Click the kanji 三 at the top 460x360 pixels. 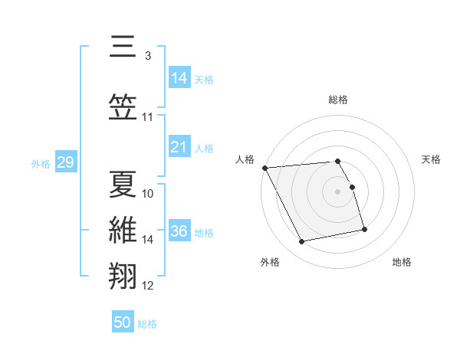coord(123,47)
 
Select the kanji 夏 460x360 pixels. coord(123,183)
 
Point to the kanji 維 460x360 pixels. coord(123,230)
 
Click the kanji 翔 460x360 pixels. coord(123,275)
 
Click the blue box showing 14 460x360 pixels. coord(179,78)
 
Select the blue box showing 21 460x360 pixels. coord(179,147)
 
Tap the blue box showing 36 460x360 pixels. coord(179,231)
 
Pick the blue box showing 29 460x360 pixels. coord(65,162)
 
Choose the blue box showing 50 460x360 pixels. coord(123,322)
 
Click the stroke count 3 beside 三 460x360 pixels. coord(147,56)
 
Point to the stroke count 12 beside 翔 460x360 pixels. coord(148,286)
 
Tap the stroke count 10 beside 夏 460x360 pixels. coord(148,193)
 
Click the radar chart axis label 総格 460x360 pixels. coord(338,100)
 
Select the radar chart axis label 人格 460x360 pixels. coord(245,159)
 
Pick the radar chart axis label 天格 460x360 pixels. coord(431,159)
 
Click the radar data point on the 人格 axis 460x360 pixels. coord(264,168)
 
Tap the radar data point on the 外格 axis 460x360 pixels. coord(302,242)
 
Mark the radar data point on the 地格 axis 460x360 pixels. coord(364,229)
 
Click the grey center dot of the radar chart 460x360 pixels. coord(338,191)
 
